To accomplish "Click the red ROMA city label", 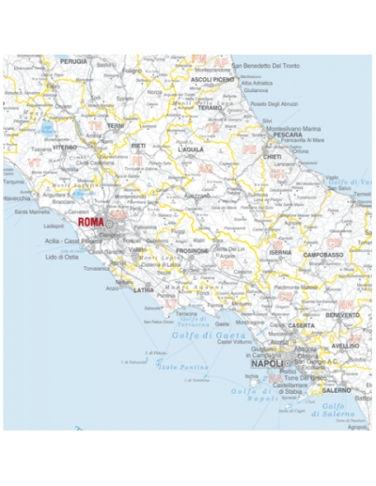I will (x=91, y=223).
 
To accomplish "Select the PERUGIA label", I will (x=73, y=61).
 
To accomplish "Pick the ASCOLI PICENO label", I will (x=212, y=80).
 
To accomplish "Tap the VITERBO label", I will (x=65, y=148).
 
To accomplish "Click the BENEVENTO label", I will (x=342, y=315).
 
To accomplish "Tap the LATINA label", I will (x=145, y=290).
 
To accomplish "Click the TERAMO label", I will (x=210, y=107).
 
